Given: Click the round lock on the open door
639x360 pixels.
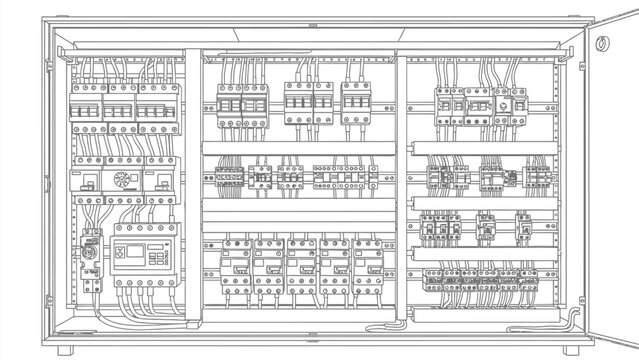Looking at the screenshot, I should point(604,44).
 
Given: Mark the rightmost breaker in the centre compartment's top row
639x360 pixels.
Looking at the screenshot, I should point(357,103).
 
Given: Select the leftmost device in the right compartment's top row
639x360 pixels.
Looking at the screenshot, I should point(447,103).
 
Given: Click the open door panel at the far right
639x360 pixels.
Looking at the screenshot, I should point(608,170).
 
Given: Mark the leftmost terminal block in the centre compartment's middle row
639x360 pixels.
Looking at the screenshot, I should point(230,177).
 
